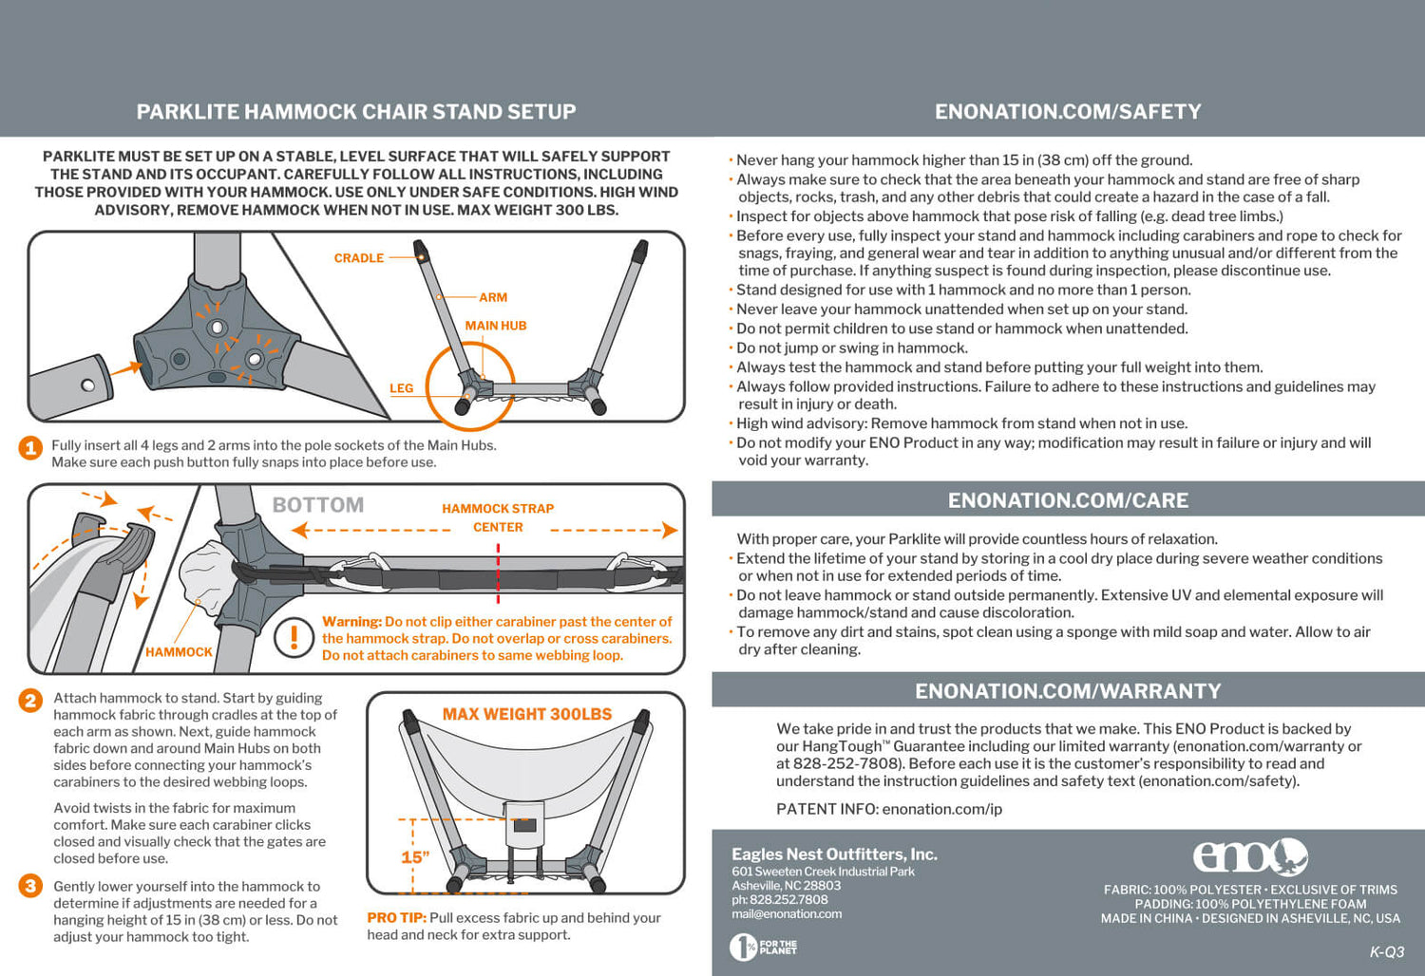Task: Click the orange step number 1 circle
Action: pyautogui.click(x=30, y=447)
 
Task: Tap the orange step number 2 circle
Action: pyautogui.click(x=30, y=701)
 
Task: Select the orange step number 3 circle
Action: pyautogui.click(x=30, y=886)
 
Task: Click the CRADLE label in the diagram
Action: pyautogui.click(x=358, y=258)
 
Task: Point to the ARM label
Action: pyautogui.click(x=493, y=297)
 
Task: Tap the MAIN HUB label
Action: pyautogui.click(x=495, y=326)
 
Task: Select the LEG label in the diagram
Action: pyautogui.click(x=401, y=388)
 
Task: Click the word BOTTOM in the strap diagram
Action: pyautogui.click(x=318, y=505)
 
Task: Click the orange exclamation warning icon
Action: pyautogui.click(x=294, y=638)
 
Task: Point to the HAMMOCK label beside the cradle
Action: pyautogui.click(x=179, y=652)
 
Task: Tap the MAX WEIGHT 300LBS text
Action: pyautogui.click(x=527, y=714)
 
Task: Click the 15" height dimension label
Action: pyautogui.click(x=415, y=857)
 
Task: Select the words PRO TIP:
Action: pyautogui.click(x=396, y=918)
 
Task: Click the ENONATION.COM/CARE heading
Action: pyautogui.click(x=1068, y=500)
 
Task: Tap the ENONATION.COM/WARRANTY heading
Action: pyautogui.click(x=1068, y=691)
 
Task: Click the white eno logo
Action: pyautogui.click(x=1250, y=856)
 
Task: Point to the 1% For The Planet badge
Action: pyautogui.click(x=763, y=947)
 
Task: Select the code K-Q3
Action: pyautogui.click(x=1386, y=952)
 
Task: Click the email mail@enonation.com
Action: pyautogui.click(x=787, y=914)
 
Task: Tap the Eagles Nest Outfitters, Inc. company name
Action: pyautogui.click(x=834, y=854)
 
